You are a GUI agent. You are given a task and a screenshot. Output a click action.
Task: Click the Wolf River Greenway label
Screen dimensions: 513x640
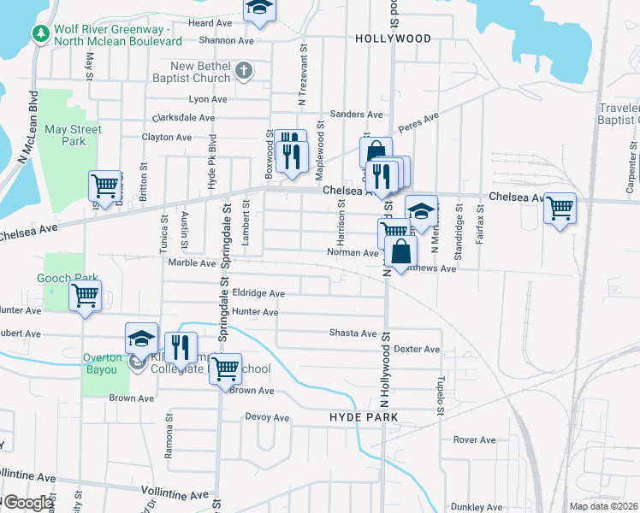(117, 34)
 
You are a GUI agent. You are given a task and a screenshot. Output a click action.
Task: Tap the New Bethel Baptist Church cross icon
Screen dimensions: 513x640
(244, 70)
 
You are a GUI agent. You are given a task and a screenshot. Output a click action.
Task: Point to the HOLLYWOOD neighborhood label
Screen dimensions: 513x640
(393, 39)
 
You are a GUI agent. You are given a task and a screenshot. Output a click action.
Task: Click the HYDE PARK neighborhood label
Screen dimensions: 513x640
(364, 416)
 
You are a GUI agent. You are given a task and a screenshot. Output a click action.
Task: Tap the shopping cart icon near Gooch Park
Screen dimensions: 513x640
(85, 296)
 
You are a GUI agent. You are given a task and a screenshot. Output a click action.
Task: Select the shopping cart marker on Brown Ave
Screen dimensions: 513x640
(225, 369)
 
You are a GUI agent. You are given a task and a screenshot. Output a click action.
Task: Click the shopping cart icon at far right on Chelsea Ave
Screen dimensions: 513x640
(560, 208)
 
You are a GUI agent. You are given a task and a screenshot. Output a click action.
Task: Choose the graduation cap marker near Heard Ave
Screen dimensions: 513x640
(259, 9)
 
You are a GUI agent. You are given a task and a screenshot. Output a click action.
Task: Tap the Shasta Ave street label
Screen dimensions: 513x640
(354, 333)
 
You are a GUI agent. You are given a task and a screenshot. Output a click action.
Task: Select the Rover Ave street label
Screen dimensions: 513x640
(475, 439)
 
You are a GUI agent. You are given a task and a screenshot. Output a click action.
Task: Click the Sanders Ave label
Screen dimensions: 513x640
(356, 114)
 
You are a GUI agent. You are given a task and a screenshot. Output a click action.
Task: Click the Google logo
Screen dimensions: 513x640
(28, 503)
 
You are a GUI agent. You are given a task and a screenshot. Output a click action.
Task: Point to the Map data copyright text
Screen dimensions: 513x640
(604, 506)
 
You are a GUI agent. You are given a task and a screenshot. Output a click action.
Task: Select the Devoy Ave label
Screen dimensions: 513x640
(268, 417)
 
